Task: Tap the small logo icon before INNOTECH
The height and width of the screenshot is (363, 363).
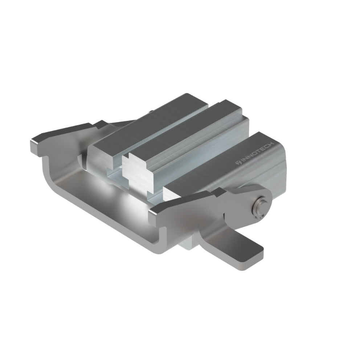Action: (238, 163)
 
